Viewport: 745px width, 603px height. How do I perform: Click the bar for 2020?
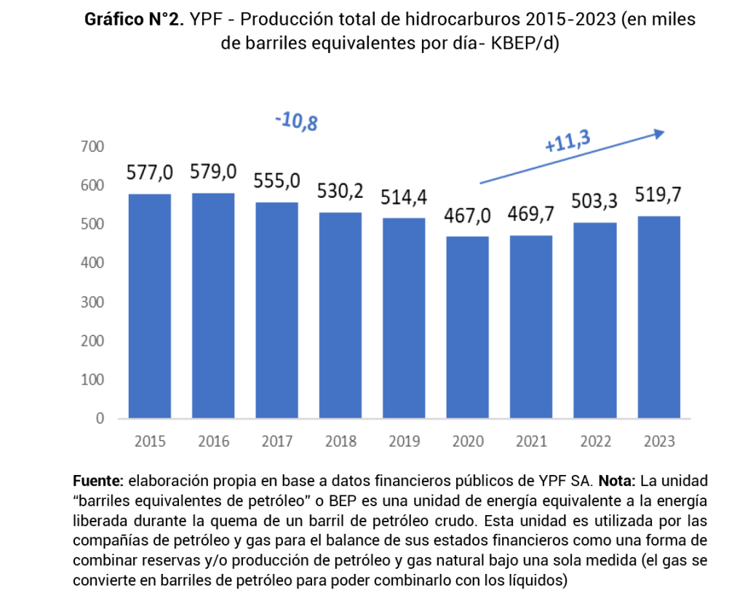click(468, 327)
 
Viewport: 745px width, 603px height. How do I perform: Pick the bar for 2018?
click(340, 315)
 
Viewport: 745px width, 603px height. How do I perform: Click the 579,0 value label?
click(213, 172)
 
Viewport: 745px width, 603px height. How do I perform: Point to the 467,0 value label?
click(468, 215)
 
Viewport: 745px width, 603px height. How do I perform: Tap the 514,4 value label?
click(405, 196)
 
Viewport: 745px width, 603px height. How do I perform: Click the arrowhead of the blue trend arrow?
click(659, 133)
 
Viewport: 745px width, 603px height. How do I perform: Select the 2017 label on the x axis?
click(277, 442)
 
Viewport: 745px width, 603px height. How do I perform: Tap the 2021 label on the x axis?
click(531, 442)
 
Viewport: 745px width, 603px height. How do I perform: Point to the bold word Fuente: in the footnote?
click(99, 482)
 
